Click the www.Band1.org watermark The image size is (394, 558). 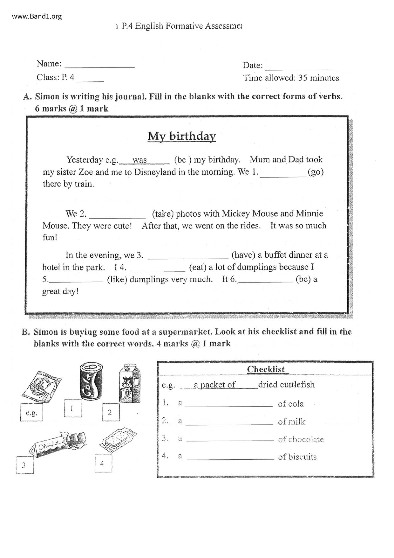(37, 16)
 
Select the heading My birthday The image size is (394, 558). (182, 136)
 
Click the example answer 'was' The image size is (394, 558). (140, 160)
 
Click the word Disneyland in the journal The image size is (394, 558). (155, 172)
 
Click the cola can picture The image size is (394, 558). (91, 380)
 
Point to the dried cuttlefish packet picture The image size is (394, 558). (41, 386)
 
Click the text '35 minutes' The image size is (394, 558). (318, 78)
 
